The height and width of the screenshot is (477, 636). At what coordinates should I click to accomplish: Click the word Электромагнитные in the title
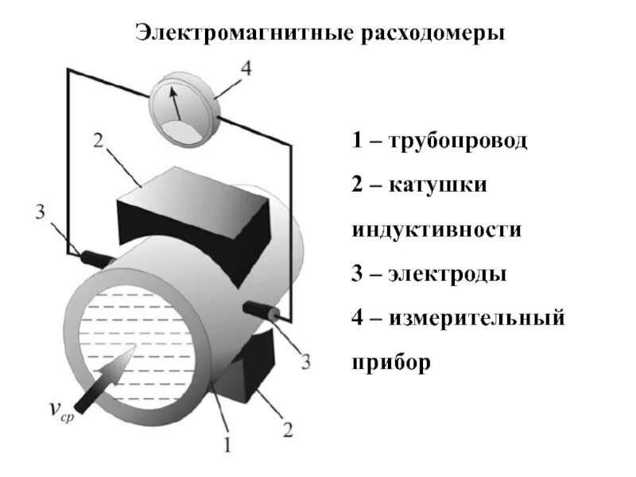click(243, 34)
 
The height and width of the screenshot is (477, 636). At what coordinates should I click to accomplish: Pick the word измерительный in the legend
click(477, 319)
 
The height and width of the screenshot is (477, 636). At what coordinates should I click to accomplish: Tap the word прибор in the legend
click(390, 363)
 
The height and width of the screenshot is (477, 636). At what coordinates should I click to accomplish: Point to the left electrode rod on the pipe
click(96, 259)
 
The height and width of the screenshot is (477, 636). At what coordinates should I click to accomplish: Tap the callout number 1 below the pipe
click(227, 443)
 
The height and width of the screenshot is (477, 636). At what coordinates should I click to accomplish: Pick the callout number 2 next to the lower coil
click(289, 430)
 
